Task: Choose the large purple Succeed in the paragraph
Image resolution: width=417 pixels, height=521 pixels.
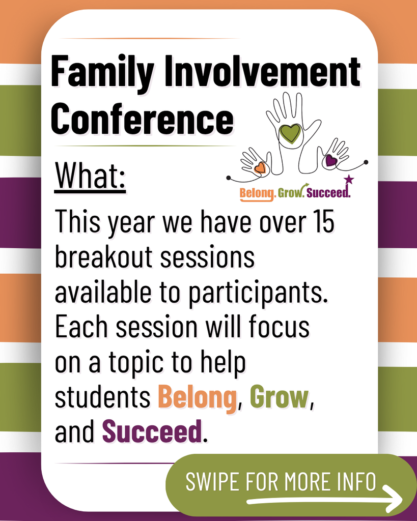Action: tap(152, 431)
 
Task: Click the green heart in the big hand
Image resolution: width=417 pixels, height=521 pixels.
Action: tap(291, 133)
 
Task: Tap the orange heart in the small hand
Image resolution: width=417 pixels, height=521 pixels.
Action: tap(260, 167)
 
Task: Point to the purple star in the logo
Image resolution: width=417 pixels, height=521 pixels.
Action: tap(349, 179)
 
